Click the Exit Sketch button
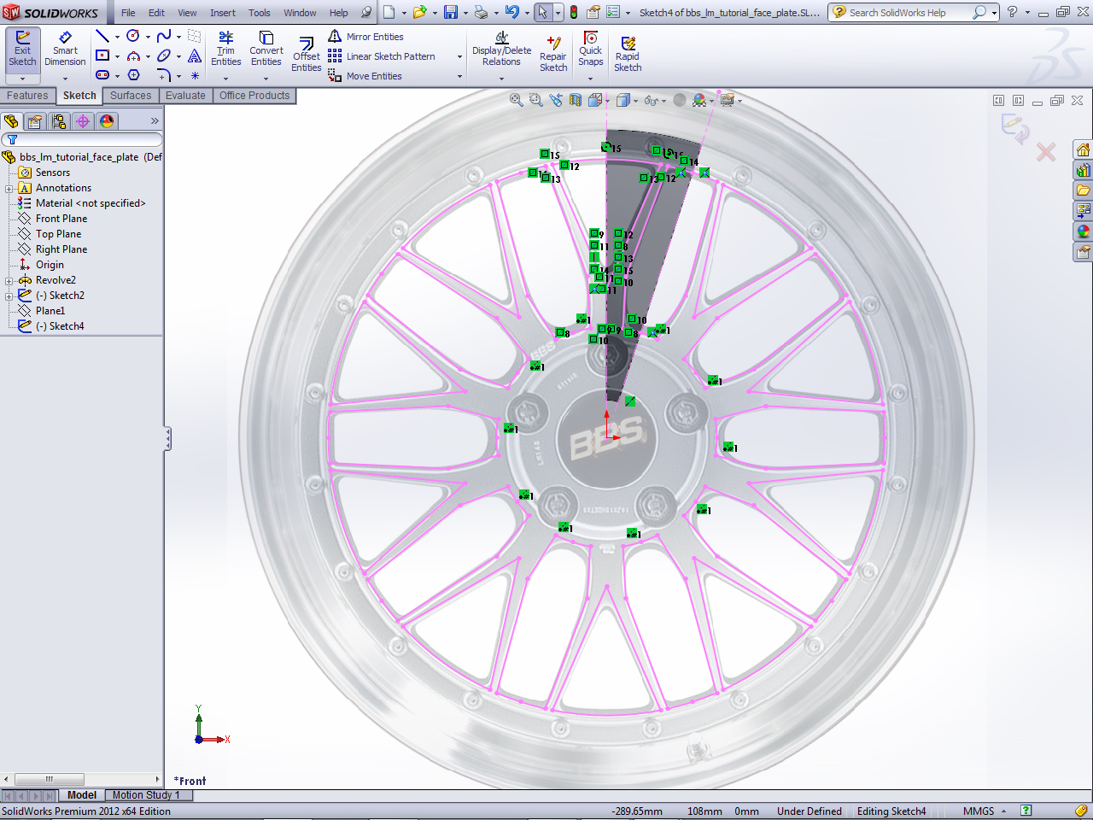22,49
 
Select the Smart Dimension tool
65,49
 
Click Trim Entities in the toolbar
225,49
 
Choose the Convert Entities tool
266,49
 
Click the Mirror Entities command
374,37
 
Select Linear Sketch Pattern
390,56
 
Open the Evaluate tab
185,96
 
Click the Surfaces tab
131,96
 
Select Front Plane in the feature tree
61,219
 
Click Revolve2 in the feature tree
56,280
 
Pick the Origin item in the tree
50,265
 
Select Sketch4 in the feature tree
66,326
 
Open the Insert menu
223,13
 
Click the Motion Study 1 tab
145,795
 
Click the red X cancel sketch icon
1046,153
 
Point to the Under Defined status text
809,811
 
